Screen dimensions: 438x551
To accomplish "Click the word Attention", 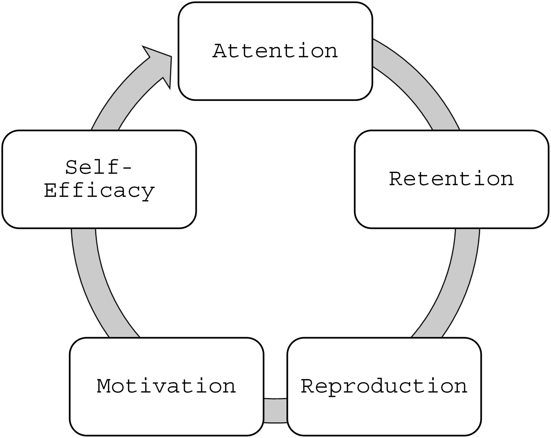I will (x=275, y=51).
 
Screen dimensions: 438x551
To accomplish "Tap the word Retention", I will (x=451, y=179).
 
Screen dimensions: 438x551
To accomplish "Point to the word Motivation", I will (x=166, y=386).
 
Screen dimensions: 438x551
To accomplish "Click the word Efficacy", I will (x=99, y=191).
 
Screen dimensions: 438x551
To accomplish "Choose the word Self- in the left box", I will (x=99, y=167).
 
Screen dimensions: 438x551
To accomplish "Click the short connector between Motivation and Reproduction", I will (x=275, y=411).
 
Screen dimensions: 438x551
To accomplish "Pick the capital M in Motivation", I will (x=105, y=386).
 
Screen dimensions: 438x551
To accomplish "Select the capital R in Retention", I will (x=397, y=179).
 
